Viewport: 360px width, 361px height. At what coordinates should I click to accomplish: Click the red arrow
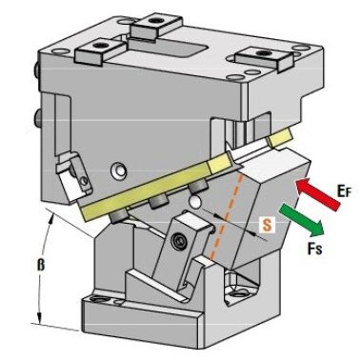coord(317,194)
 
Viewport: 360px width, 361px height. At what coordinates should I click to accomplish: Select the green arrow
coord(301,220)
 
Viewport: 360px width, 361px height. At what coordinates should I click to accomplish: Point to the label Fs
coord(314,248)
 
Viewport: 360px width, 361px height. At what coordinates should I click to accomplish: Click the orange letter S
coord(267,225)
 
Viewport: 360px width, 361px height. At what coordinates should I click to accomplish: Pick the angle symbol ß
coord(41,264)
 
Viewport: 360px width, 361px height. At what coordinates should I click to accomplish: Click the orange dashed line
coord(227,216)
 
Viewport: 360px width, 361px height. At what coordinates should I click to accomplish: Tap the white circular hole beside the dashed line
coord(195,202)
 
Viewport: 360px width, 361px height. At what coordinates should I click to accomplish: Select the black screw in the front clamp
coord(177,242)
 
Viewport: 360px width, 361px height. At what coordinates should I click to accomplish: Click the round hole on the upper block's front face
coord(117,170)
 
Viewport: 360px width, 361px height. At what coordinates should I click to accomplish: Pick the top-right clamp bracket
coord(264,58)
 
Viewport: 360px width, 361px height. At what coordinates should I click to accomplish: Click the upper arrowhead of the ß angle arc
coord(51,217)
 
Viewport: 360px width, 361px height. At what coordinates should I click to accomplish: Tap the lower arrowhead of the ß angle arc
coord(39,319)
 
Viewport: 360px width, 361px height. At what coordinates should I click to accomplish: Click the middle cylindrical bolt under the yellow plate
coord(158,202)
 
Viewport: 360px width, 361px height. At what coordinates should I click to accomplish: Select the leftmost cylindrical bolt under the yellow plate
coord(118,216)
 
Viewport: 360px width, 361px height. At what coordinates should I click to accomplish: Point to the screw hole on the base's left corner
coord(98,299)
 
